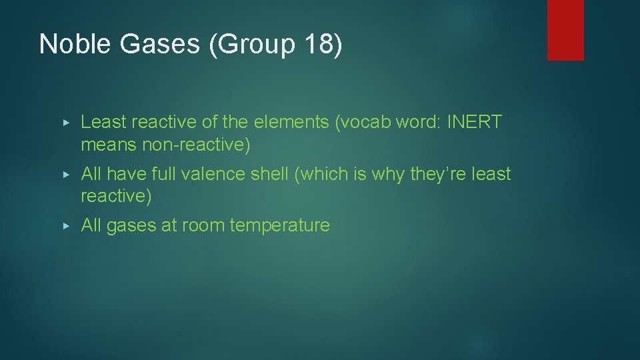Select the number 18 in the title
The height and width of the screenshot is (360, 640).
tap(318, 44)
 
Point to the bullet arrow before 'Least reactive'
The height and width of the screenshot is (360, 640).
tap(65, 123)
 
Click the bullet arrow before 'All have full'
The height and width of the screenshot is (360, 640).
tap(65, 175)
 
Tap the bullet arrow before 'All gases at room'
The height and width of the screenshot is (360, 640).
tap(65, 226)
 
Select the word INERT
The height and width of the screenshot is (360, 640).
tap(474, 123)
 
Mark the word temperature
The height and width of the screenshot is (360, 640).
tap(279, 226)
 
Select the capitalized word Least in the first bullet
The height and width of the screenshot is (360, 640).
tap(103, 123)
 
